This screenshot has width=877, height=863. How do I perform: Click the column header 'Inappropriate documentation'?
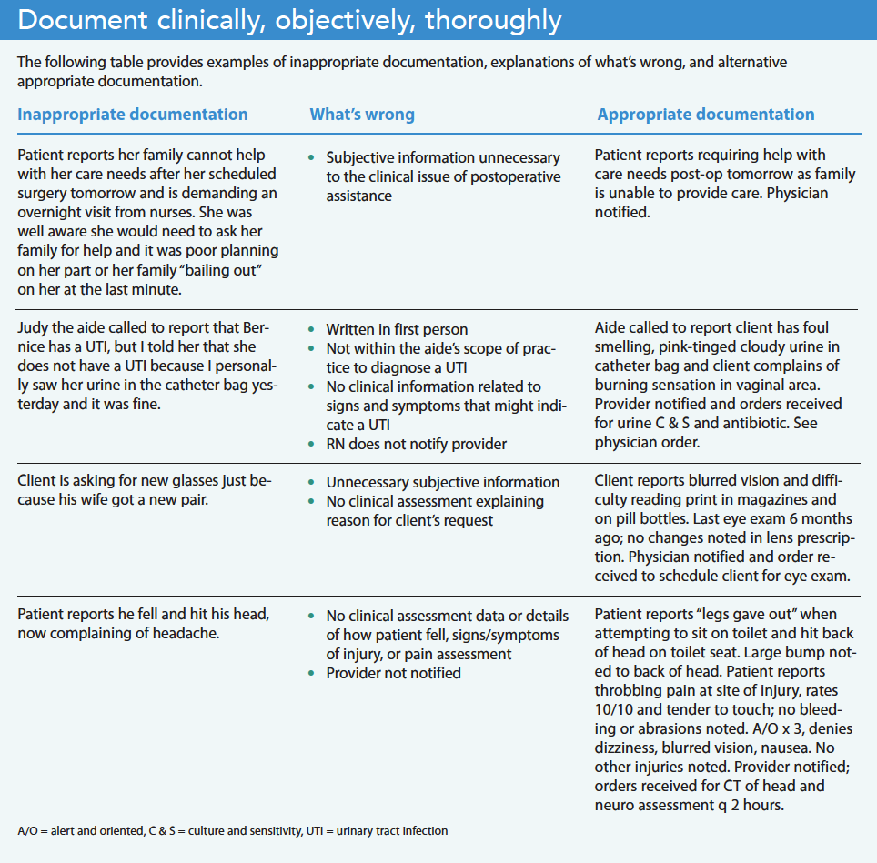tap(133, 115)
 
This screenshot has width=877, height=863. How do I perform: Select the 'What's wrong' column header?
tap(362, 115)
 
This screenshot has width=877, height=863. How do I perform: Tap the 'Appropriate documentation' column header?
tap(706, 115)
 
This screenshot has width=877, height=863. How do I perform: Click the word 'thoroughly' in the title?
tap(492, 20)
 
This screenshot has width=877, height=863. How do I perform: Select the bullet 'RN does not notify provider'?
tap(417, 444)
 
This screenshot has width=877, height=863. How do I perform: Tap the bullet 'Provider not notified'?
tap(394, 673)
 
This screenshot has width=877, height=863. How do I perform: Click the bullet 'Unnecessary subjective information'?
tap(443, 482)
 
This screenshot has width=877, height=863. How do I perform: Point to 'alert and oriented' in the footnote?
tap(88, 830)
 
